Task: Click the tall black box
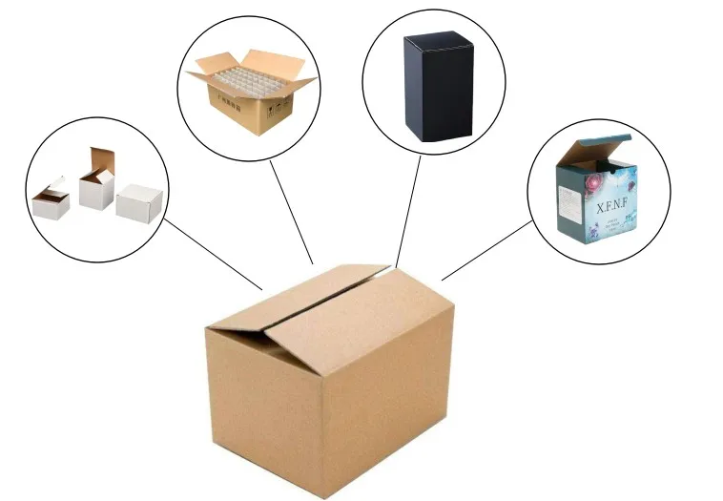pos(437,88)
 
